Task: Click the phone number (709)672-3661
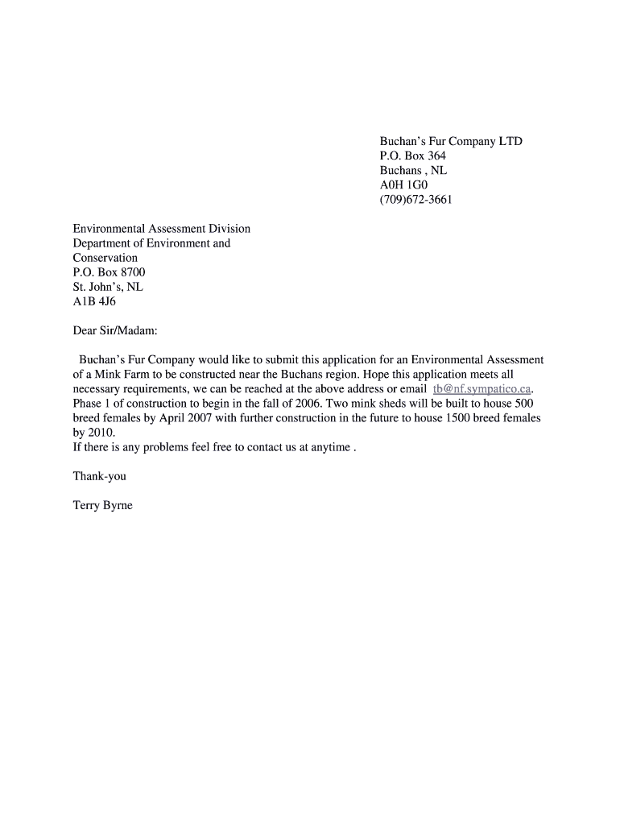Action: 415,200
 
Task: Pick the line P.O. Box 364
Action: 412,155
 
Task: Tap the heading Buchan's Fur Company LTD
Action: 451,141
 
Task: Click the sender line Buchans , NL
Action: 413,171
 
